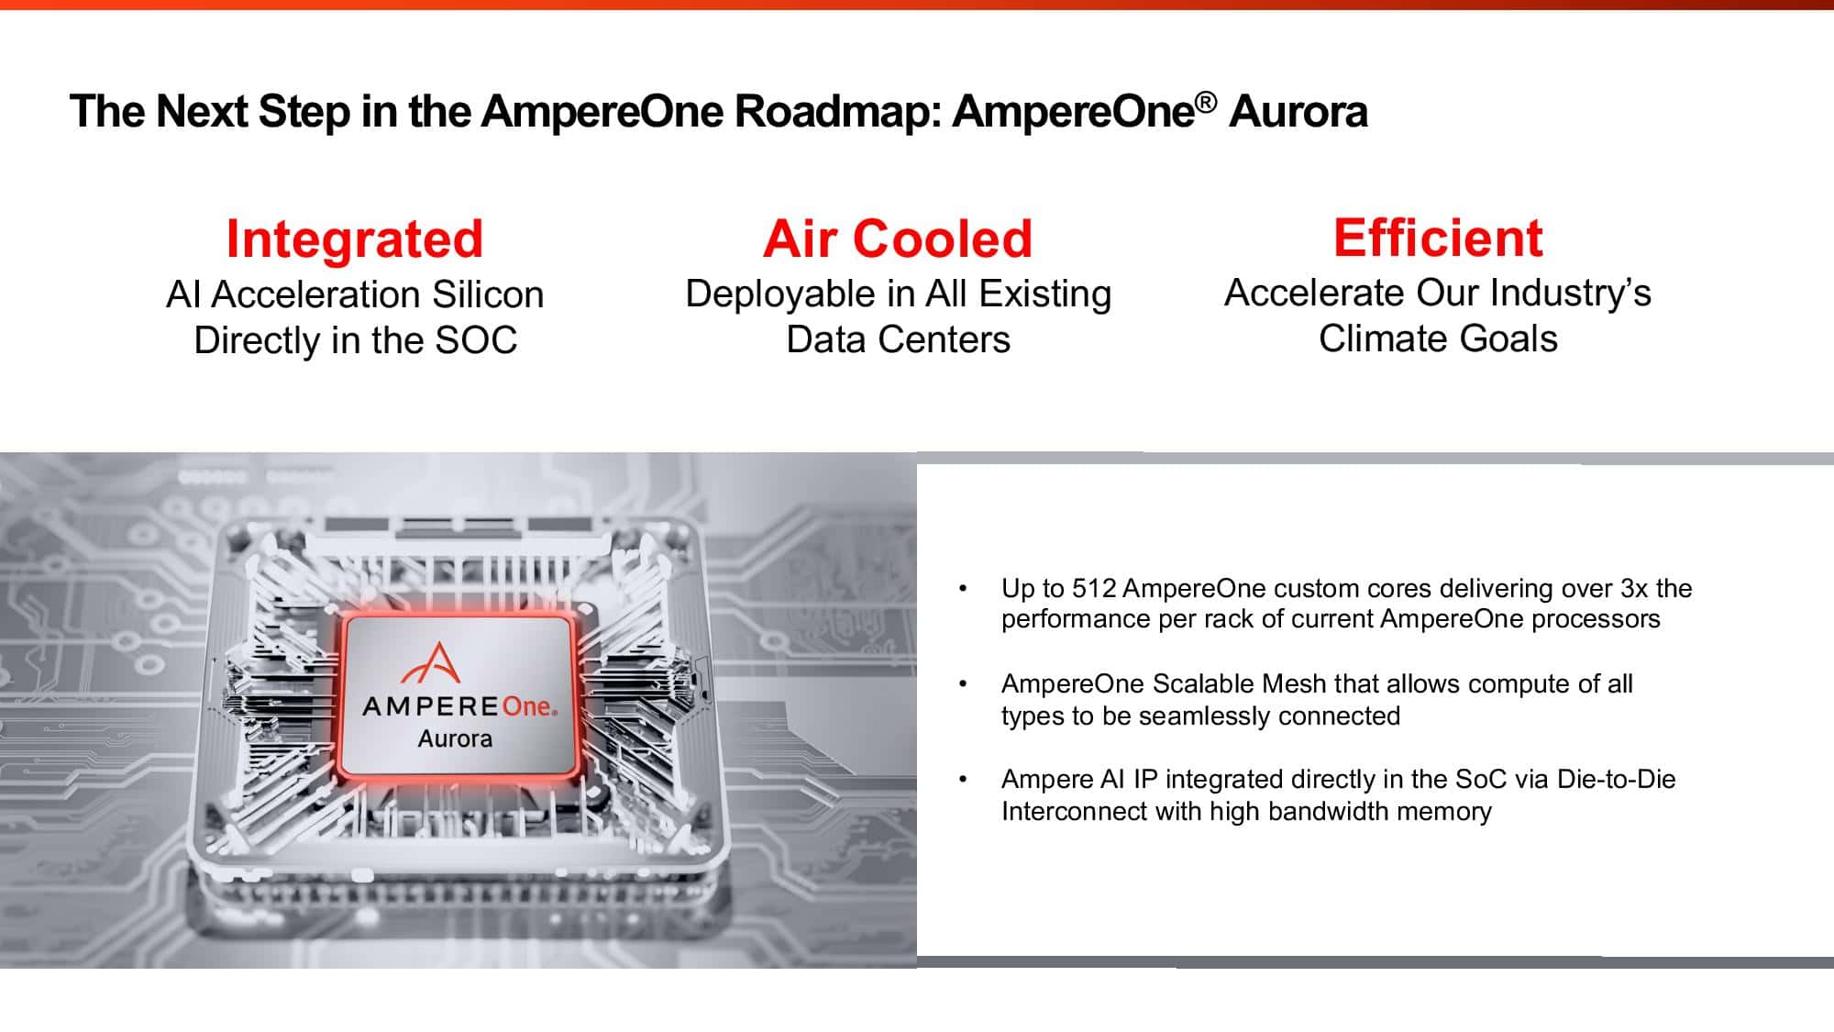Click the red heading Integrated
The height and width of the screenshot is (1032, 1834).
354,239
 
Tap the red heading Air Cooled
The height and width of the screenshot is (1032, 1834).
898,239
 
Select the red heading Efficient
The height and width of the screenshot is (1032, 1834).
1438,239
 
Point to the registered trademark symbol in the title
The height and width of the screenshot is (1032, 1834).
1206,102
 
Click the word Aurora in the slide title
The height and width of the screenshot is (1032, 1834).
1298,112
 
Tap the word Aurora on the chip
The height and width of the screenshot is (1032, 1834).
455,738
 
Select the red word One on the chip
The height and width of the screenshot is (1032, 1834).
527,706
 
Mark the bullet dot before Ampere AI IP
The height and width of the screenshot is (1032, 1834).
963,781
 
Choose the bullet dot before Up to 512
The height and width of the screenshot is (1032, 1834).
963,589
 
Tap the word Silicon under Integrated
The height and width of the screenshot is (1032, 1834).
488,295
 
